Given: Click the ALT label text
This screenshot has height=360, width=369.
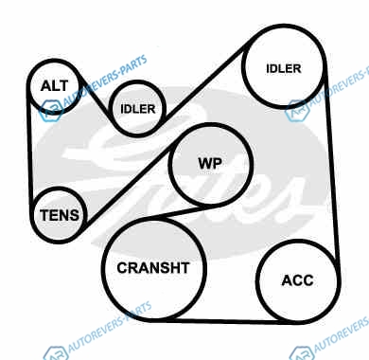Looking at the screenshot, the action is click(55, 86).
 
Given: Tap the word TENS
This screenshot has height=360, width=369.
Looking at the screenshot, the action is click(60, 215).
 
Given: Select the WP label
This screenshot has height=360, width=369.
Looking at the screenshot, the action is click(210, 164).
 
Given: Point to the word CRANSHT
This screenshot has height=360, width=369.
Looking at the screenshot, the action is click(153, 268).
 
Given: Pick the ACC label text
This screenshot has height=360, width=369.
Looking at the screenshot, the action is click(297, 280).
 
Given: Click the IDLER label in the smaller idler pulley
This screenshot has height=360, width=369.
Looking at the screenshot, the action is click(138, 109).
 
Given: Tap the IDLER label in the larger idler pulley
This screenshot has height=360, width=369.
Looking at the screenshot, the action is click(284, 69).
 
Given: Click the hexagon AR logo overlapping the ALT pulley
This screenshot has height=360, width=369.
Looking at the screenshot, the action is click(50, 111).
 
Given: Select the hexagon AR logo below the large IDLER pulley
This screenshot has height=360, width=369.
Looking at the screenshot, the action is click(297, 111).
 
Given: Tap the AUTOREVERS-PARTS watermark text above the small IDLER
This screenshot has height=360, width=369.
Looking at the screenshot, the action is click(105, 81).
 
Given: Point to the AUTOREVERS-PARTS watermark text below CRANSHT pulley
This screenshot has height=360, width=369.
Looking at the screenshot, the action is click(109, 328).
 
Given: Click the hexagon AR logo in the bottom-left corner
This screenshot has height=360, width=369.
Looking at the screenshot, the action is click(55, 353).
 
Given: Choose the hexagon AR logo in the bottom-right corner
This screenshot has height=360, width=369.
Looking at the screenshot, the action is click(301, 353).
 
